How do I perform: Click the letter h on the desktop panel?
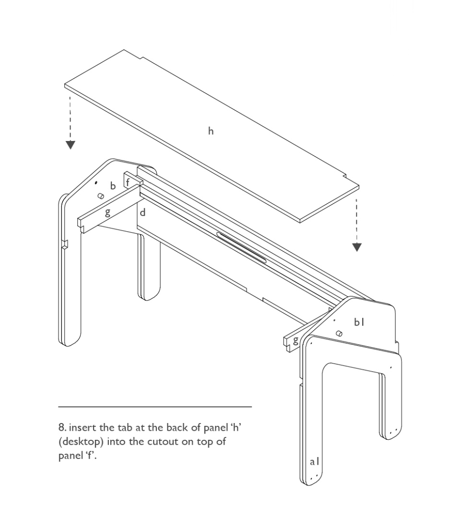pos(211,131)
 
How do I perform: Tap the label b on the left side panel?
pos(113,186)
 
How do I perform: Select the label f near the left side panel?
pos(128,182)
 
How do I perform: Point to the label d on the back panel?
pos(142,212)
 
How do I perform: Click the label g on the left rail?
pos(107,213)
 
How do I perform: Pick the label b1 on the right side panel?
pos(359,322)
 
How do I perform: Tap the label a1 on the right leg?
pos(315,461)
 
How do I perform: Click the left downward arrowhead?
pos(71,145)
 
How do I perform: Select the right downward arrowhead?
pos(357,247)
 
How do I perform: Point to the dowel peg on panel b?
pos(100,196)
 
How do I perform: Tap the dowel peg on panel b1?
pos(339,333)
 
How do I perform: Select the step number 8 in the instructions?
pos(62,427)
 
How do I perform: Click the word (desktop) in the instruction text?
pos(81,442)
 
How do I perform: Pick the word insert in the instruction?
pos(83,427)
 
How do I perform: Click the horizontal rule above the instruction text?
pos(155,407)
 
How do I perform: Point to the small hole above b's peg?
pos(96,182)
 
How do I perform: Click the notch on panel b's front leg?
pos(65,244)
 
